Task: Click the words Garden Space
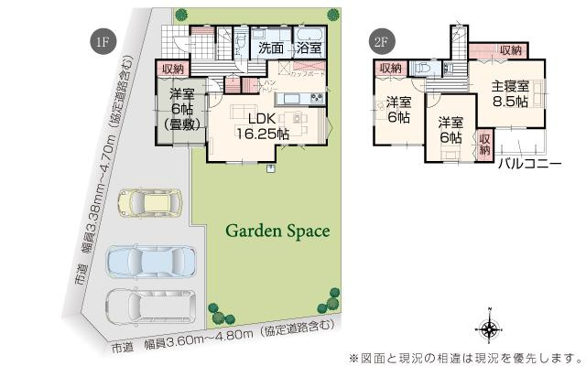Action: pos(277,231)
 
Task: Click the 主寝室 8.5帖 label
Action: pos(509,94)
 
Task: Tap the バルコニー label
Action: pos(529,166)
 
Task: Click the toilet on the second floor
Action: pos(425,70)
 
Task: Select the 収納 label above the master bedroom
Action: pos(510,50)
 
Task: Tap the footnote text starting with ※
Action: pos(464,356)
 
